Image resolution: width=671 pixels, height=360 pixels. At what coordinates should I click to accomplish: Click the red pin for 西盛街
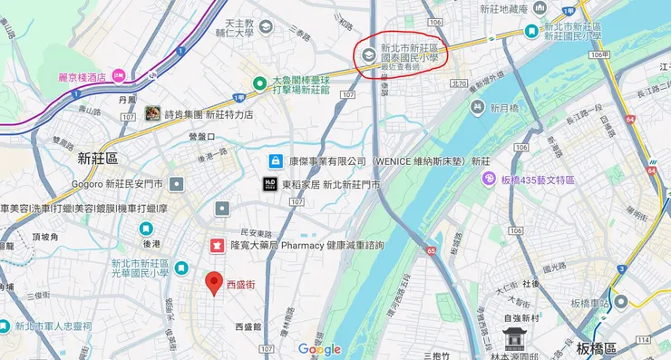pyautogui.click(x=214, y=282)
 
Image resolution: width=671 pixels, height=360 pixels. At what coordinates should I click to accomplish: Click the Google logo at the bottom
pyautogui.click(x=319, y=349)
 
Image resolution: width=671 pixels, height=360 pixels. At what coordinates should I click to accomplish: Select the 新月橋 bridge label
pyautogui.click(x=503, y=107)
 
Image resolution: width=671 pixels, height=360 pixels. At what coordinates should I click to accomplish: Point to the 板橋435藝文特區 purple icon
pyautogui.click(x=489, y=180)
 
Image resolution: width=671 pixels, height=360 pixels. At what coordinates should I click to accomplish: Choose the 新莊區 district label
pyautogui.click(x=98, y=158)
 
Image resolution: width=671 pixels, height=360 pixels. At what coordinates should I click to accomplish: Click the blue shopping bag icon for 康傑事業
pyautogui.click(x=273, y=161)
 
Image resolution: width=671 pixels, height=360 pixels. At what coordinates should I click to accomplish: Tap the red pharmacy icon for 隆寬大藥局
pyautogui.click(x=218, y=245)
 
